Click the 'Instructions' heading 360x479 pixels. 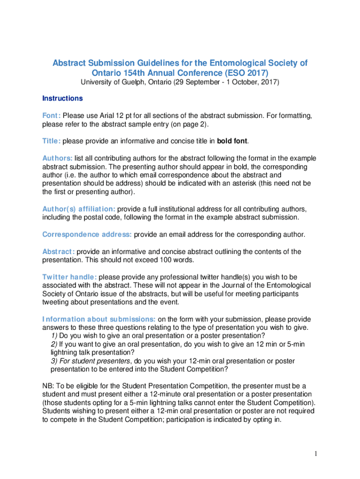coord(62,99)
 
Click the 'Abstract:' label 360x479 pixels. coord(58,252)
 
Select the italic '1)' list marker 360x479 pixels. coord(54,336)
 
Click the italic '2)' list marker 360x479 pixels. coord(54,344)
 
